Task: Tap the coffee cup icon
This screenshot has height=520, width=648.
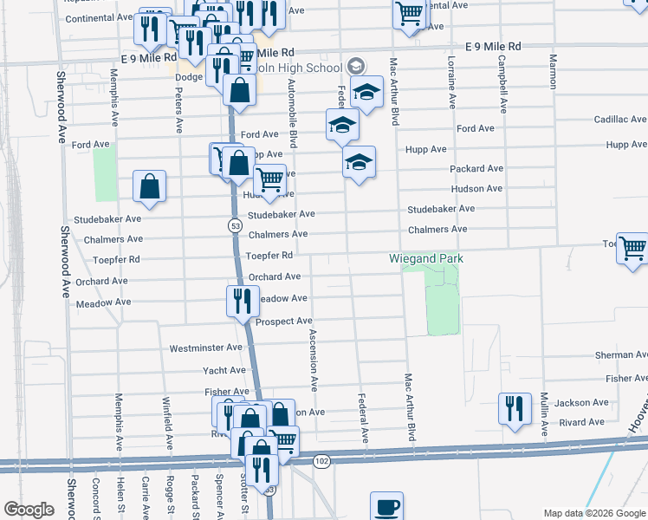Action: click(386, 507)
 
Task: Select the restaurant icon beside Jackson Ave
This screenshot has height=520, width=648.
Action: click(515, 409)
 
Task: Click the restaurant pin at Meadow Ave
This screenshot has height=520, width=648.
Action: click(242, 301)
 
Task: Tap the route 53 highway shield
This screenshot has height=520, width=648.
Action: click(235, 225)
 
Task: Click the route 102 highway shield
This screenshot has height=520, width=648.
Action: click(322, 461)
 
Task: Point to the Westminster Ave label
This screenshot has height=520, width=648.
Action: click(205, 348)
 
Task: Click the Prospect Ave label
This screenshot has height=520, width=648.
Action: click(283, 322)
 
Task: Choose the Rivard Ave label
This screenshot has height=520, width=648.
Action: click(580, 422)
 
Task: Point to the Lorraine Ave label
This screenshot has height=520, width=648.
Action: click(451, 82)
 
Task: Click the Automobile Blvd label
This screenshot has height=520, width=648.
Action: click(294, 113)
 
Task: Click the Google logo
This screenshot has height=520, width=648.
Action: click(29, 510)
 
